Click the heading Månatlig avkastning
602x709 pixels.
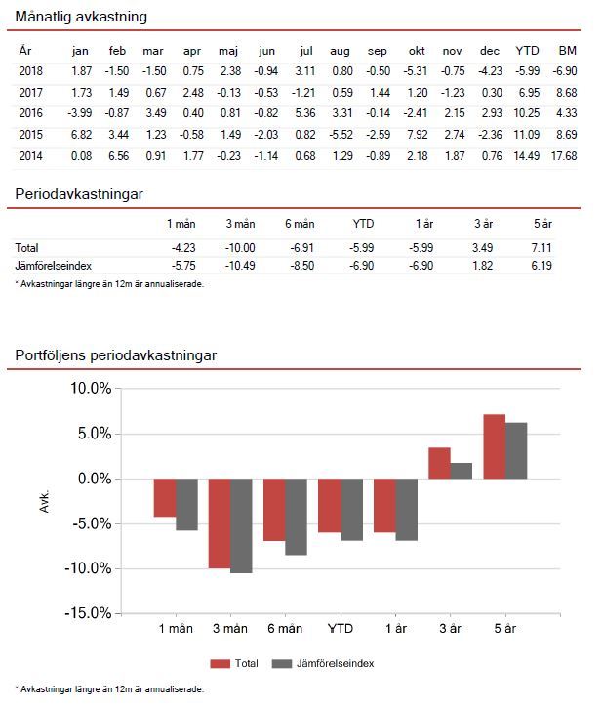point(81,18)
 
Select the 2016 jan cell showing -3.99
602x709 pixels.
point(80,112)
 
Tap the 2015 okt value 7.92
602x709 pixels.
point(417,134)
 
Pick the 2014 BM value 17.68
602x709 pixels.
point(564,155)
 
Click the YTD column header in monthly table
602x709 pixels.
point(527,50)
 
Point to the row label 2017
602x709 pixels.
point(30,91)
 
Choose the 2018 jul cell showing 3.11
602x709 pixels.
point(306,70)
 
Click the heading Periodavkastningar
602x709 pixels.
point(79,194)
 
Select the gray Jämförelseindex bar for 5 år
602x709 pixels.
point(515,450)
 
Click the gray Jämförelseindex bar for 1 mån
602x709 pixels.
point(186,504)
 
